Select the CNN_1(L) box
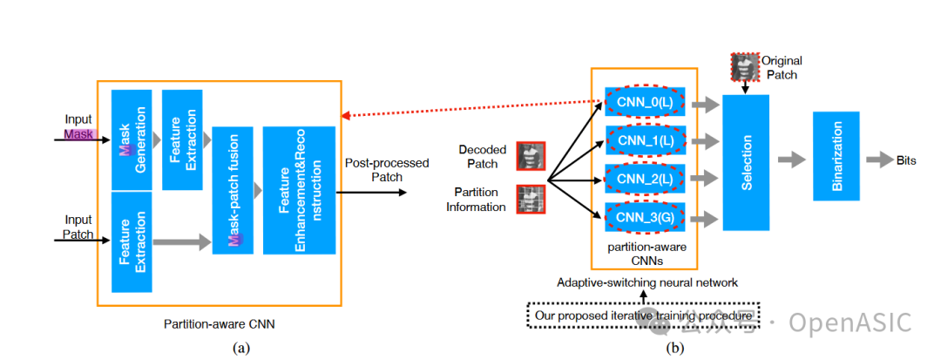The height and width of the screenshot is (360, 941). coord(644,140)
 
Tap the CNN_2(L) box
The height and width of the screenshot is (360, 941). coord(644,179)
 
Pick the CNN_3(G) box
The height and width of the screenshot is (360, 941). coord(644,215)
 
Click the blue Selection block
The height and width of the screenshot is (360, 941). coord(746,162)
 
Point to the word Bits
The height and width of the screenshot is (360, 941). coord(906,160)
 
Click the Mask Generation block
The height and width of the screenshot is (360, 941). coord(132,139)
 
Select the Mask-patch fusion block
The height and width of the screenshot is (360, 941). coord(233,189)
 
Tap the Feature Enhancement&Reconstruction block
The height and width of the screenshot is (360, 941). coord(299,190)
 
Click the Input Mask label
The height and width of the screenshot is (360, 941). coord(78,127)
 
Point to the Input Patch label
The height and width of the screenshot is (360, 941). coord(78,228)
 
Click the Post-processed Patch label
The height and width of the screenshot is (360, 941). coord(374,169)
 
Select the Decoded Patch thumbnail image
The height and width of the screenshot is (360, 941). coord(531,156)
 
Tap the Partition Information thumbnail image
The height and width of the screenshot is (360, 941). coord(531,199)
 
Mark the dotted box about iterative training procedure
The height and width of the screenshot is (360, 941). coord(644,315)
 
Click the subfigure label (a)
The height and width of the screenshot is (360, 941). coord(240,348)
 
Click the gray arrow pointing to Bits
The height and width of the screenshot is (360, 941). coord(877,160)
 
